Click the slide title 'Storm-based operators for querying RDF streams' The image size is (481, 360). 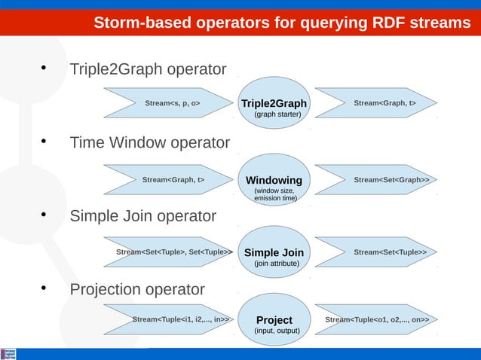(282, 23)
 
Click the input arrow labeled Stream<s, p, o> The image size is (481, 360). (170, 103)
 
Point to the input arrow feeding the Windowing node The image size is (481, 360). (170, 180)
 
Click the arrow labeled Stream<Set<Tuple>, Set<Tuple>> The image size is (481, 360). (170, 252)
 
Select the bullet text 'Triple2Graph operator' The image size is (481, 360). (148, 70)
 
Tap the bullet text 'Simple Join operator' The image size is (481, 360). (142, 217)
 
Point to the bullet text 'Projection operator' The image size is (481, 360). (137, 290)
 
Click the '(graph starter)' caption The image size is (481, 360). (277, 114)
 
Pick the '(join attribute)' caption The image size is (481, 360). (277, 264)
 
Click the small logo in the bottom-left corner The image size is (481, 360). (9, 354)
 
